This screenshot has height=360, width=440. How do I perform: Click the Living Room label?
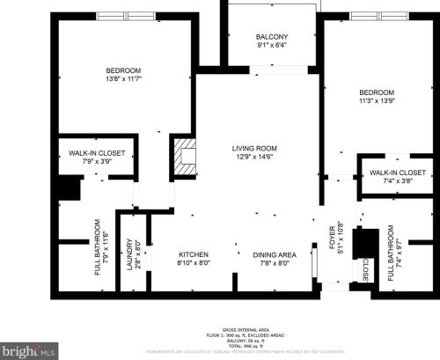254,148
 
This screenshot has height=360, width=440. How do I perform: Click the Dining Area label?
272,253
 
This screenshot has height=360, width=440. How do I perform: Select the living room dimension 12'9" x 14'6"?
254,157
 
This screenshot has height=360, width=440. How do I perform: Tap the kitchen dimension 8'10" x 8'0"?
193,261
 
